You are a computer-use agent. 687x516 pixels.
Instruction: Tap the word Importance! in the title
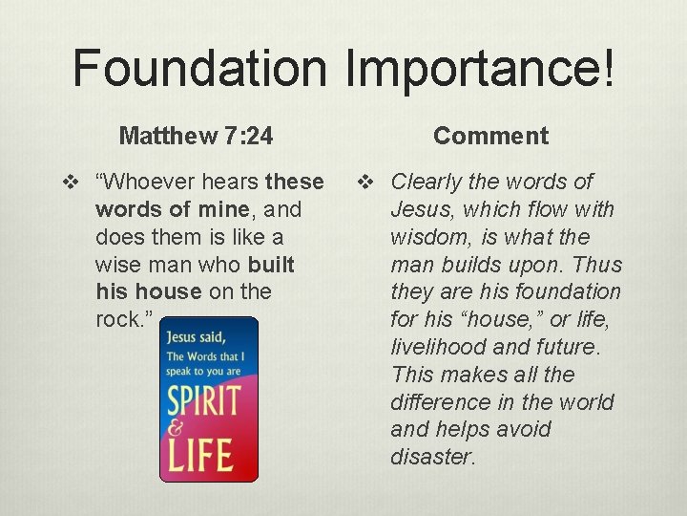pos(482,69)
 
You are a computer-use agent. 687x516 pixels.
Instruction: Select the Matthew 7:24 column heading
pos(196,136)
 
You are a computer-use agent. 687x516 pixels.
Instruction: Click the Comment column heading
pos(490,136)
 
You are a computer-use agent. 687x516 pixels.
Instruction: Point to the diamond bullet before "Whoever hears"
pos(70,182)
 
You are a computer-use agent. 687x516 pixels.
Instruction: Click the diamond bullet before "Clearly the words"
pos(365,182)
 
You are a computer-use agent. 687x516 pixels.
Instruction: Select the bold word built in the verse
pos(271,264)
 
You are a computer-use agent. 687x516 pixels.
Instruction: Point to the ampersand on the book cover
pos(175,429)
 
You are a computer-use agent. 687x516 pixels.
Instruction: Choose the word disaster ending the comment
pos(431,457)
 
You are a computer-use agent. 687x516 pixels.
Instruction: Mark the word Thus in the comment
pos(600,265)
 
